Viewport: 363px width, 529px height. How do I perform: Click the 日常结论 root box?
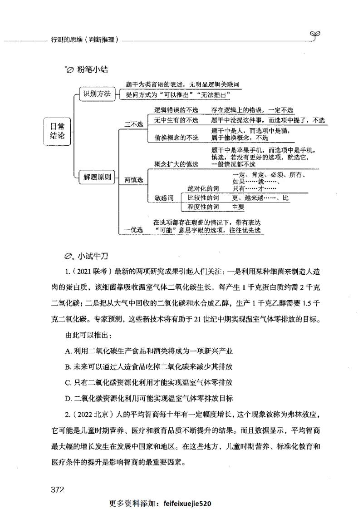pos(57,131)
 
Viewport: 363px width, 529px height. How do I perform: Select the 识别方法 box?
pos(95,94)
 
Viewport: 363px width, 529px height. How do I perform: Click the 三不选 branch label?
pos(133,124)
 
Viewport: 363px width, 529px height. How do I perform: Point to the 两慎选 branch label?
pos(133,180)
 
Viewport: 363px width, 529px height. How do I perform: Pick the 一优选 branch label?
pos(133,230)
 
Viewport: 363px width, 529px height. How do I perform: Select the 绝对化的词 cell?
pos(204,188)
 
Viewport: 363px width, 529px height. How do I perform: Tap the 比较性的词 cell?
pos(204,198)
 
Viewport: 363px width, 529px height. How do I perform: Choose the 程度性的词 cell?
pos(204,207)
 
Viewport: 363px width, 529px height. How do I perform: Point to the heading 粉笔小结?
pos(93,70)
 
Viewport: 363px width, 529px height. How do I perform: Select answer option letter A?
pos(67,351)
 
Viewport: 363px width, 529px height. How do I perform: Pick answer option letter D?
pos(67,399)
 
